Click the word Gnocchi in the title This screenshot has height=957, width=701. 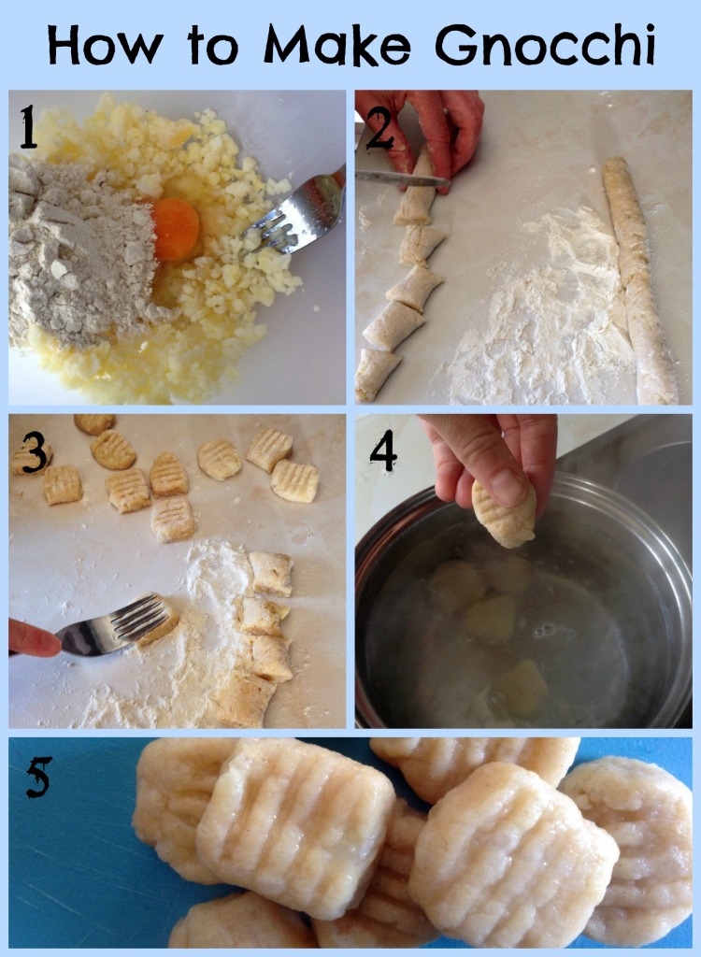pos(545,45)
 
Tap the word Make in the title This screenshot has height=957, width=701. pos(337,45)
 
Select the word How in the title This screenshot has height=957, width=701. pos(105,45)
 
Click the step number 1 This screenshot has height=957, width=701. pos(27,126)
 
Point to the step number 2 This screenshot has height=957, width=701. pos(379,129)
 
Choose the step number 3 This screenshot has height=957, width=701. pos(35,452)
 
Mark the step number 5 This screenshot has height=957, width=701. pos(38,777)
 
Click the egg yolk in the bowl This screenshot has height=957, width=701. pos(176,229)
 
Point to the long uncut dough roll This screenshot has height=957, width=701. pos(638,280)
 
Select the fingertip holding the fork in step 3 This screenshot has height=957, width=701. pos(33,638)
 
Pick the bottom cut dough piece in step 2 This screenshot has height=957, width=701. pos(377,374)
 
